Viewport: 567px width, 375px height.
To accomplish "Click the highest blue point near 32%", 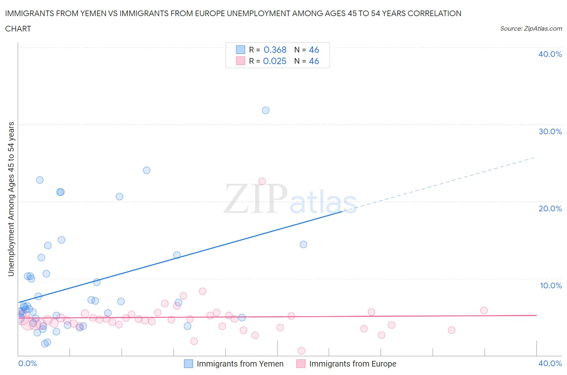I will (x=265, y=110).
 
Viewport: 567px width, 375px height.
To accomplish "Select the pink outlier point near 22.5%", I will (x=262, y=181).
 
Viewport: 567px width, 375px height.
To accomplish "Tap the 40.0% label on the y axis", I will (x=550, y=54).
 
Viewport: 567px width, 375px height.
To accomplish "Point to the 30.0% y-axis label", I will (x=550, y=131).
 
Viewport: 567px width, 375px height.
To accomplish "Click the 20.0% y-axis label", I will (x=550, y=208).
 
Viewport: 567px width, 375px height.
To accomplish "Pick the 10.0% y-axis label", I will (x=550, y=285).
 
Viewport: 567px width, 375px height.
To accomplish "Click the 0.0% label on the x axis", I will (x=27, y=363).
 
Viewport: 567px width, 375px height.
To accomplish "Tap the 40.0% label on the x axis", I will (x=550, y=363).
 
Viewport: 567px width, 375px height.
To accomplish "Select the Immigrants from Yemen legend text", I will (x=240, y=364).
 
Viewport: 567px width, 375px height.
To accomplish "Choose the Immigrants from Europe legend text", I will (x=352, y=364).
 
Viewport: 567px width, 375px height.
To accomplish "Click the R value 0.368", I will (x=275, y=50).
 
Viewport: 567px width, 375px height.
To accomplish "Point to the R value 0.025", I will (x=275, y=61).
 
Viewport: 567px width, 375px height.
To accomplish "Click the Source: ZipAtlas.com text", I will (x=531, y=29).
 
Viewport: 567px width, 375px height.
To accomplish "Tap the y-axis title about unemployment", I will (x=11, y=199).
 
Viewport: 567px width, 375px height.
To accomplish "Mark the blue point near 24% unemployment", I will (x=147, y=171).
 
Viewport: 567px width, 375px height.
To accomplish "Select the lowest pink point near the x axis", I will (x=301, y=351).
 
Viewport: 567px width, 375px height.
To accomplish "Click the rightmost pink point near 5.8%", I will (x=484, y=310).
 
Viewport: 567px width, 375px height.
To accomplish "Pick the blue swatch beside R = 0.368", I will (x=240, y=50).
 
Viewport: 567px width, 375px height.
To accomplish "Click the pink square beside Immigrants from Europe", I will (x=301, y=364).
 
